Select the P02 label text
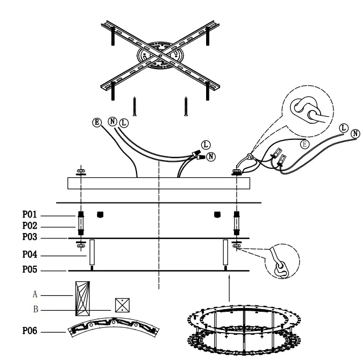click(29, 226)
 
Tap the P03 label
click(29, 237)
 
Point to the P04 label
click(29, 256)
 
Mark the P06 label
click(29, 332)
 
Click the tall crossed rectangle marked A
click(81, 297)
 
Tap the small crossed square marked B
click(123, 305)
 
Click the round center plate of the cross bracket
click(159, 55)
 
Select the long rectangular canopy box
click(159, 183)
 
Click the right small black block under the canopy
click(217, 215)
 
